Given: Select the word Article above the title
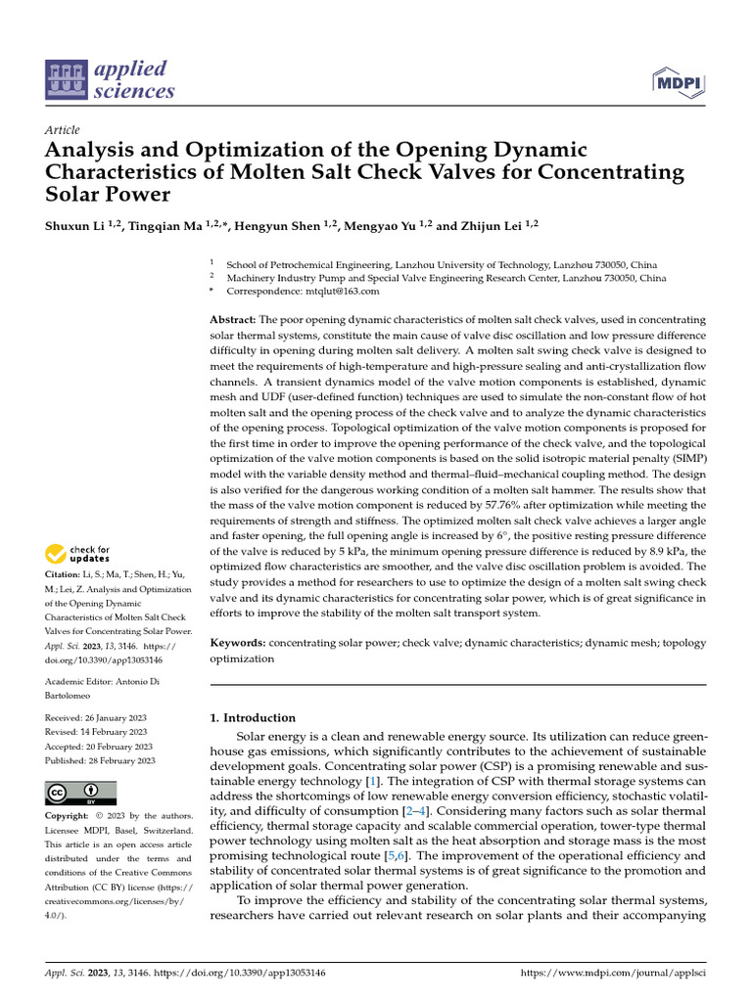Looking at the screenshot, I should (x=62, y=130).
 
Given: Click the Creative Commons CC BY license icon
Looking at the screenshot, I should (x=80, y=794).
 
